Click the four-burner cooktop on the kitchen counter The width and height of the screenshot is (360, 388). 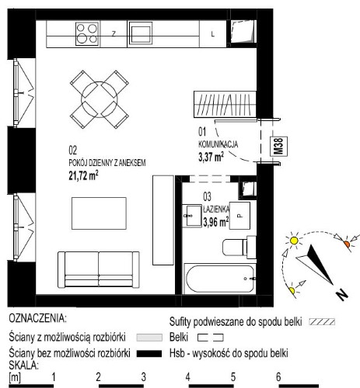[87, 34]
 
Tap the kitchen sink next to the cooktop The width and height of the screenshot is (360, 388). [141, 33]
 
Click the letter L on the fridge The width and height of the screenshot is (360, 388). [213, 34]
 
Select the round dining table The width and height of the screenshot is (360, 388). [100, 99]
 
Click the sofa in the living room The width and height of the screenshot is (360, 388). [99, 270]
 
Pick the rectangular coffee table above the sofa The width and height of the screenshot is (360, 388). [99, 213]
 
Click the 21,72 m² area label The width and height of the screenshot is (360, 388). [83, 175]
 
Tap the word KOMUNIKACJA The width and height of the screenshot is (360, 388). [218, 144]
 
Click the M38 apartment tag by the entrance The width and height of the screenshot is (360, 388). [279, 147]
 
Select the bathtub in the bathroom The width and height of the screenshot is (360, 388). [219, 279]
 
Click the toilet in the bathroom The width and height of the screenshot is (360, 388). [239, 247]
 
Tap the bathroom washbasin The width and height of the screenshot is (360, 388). [192, 216]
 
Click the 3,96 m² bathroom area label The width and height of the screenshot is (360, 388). [216, 222]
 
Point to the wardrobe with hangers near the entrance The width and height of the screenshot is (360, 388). [225, 104]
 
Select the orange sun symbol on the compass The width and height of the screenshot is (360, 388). [347, 244]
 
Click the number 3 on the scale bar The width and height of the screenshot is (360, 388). [144, 377]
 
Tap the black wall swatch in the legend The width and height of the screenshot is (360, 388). [149, 354]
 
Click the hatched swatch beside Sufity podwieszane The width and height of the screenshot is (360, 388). [322, 322]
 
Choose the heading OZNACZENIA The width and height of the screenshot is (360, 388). [37, 318]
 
